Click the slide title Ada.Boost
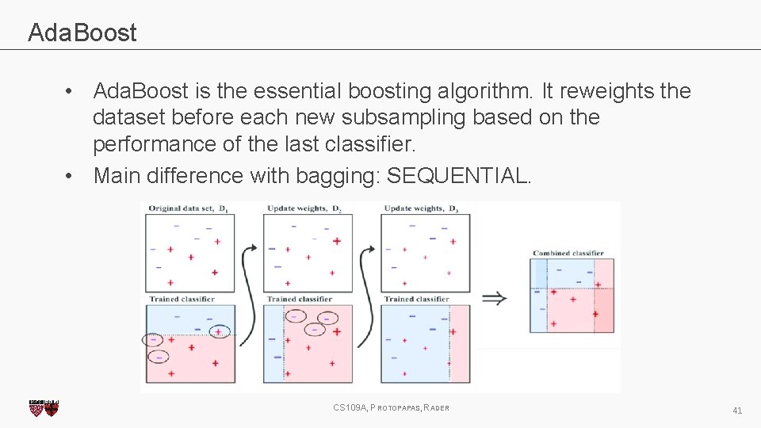[82, 32]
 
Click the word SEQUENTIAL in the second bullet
[458, 175]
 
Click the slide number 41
[737, 410]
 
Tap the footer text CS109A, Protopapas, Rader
[392, 407]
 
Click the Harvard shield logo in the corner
[44, 407]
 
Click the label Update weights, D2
[303, 208]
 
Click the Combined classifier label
[568, 253]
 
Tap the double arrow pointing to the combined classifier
[495, 298]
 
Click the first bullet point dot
[71, 92]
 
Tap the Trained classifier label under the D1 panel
[182, 299]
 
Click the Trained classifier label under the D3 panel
[416, 299]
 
